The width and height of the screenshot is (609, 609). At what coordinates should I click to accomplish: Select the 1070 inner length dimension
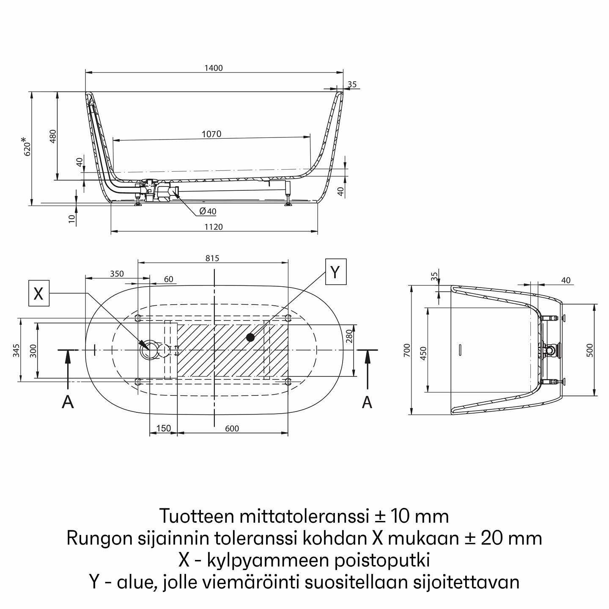tap(211, 134)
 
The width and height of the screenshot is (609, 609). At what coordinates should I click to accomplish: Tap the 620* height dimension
tap(27, 146)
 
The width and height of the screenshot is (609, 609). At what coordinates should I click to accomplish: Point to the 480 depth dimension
tap(53, 137)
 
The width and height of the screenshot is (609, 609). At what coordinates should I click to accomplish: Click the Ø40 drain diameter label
tap(208, 211)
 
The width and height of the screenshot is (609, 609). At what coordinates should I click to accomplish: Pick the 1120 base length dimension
tap(214, 227)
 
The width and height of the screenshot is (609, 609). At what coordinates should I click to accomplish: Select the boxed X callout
tap(38, 293)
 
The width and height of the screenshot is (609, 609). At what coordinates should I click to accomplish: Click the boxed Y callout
tap(335, 272)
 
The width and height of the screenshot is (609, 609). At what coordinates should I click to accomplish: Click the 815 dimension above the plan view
tap(212, 258)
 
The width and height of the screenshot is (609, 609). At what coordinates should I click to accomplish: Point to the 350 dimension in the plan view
tap(117, 274)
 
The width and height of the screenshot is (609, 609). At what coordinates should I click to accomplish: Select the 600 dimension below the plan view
tap(232, 428)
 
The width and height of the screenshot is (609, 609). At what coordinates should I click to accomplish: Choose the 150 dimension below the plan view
tap(163, 428)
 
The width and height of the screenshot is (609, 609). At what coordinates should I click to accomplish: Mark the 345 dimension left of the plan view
tap(16, 350)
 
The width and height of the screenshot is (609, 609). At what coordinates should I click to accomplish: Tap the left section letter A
tap(68, 402)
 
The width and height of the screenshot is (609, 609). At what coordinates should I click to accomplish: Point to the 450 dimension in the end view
tap(424, 352)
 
